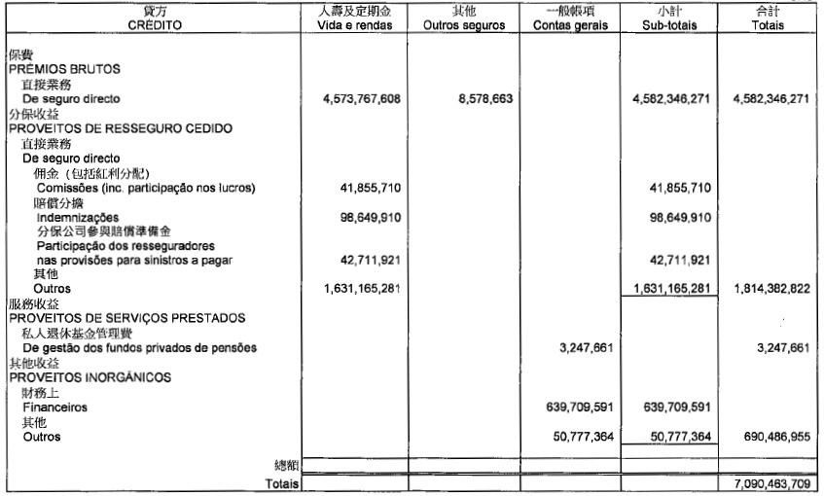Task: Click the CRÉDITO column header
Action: (153, 26)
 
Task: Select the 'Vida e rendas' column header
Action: (354, 26)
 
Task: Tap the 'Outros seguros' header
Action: (464, 26)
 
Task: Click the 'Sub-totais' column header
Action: (672, 26)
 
